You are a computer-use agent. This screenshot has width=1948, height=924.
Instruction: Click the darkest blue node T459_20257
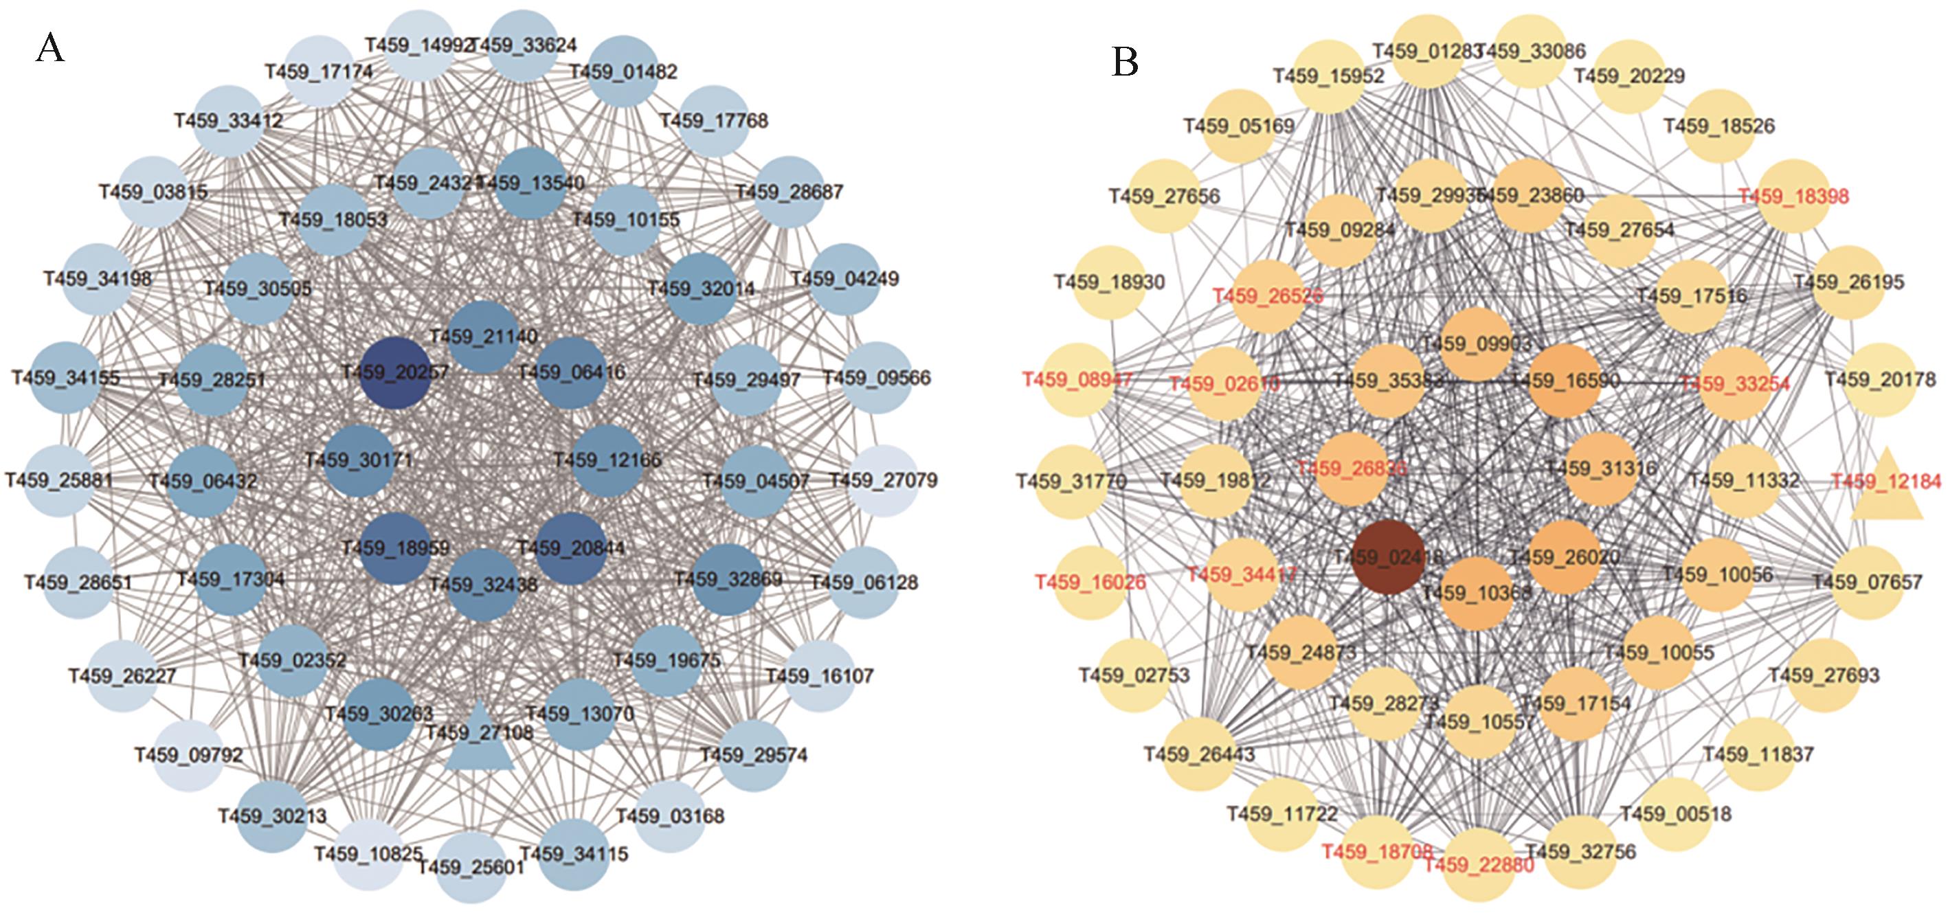[x=394, y=374]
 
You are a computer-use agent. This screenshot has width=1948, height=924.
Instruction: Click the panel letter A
[x=50, y=49]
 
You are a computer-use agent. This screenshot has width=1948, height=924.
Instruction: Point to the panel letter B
[x=1125, y=63]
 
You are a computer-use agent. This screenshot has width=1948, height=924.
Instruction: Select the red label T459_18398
[x=1792, y=196]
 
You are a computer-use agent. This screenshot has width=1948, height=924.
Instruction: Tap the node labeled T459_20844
[x=571, y=548]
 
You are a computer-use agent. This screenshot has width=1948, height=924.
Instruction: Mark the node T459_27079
[x=882, y=480]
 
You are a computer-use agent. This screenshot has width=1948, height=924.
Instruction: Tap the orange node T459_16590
[x=1564, y=381]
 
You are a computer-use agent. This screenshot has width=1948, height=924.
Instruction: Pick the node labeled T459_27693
[x=1823, y=675]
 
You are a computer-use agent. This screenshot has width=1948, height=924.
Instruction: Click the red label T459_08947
[x=1077, y=379]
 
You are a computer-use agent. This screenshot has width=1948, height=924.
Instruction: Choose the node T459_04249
[x=844, y=279]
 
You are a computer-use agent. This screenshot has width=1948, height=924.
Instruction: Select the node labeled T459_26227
[x=122, y=676]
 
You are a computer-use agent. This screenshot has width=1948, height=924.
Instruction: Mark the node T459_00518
[x=1675, y=814]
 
